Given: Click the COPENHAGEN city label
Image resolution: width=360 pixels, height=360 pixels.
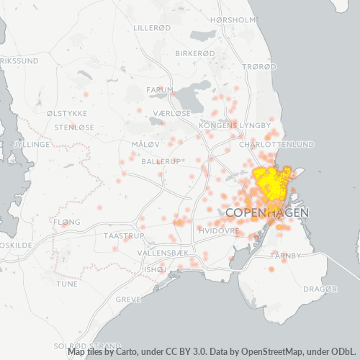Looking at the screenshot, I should tap(267, 213).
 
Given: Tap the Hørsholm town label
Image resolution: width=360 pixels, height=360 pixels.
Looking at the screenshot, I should tap(233, 20).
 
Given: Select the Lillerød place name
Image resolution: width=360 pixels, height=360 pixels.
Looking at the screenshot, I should tap(153, 28).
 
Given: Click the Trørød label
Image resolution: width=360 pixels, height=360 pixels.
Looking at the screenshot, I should tap(260, 66).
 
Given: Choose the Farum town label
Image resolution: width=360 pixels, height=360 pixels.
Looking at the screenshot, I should tap(160, 90).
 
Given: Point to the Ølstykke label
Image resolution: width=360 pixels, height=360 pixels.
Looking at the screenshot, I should tap(67, 114).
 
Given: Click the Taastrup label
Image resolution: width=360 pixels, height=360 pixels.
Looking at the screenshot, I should tap(125, 236).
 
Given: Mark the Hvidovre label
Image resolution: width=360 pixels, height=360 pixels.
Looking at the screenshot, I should tap(217, 231).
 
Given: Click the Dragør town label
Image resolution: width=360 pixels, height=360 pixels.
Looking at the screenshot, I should tap(320, 289).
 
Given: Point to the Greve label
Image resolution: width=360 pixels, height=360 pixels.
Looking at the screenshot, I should tap(128, 299).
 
